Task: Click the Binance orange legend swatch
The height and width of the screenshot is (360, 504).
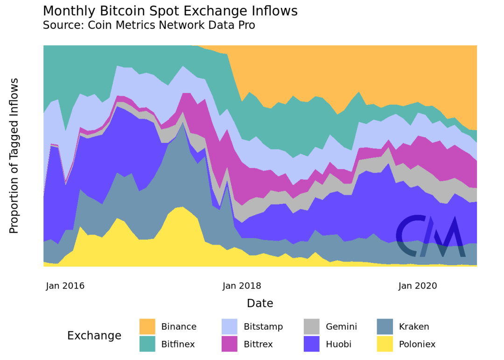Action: (x=147, y=326)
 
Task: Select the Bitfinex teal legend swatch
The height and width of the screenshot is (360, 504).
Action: (x=147, y=344)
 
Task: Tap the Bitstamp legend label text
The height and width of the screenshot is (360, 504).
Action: (x=263, y=326)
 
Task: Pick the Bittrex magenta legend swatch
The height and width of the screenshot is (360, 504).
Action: (x=230, y=344)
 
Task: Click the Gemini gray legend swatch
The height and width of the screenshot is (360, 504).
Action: (x=312, y=326)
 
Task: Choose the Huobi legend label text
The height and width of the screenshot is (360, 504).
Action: (x=338, y=344)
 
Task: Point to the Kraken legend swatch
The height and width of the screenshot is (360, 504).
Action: (x=385, y=326)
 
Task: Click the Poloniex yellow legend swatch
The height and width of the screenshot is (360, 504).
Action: (x=385, y=344)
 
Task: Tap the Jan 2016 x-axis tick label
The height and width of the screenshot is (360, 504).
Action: (x=65, y=286)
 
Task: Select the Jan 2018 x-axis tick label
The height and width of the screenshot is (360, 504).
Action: (x=242, y=286)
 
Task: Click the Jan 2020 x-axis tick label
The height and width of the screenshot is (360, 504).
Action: (x=418, y=286)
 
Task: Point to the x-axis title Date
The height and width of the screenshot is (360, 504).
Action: (x=260, y=304)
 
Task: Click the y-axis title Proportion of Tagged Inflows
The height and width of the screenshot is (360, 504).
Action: (x=14, y=156)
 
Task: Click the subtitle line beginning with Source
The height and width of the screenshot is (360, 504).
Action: (x=149, y=25)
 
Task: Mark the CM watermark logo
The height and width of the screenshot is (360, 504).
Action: (x=430, y=236)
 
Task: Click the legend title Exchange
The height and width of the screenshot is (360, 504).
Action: (x=94, y=335)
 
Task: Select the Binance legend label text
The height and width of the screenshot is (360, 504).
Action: (x=179, y=326)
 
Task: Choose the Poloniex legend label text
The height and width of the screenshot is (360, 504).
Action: (x=417, y=344)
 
